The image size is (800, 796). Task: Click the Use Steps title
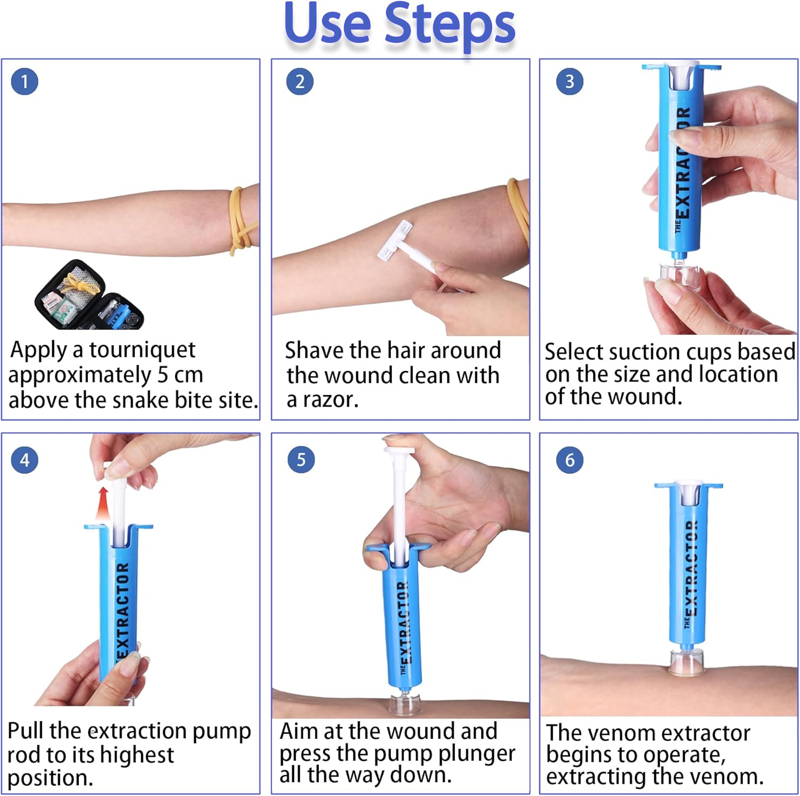pyautogui.click(x=399, y=24)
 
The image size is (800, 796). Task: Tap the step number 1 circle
pyautogui.click(x=25, y=82)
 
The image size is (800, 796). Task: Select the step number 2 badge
pyautogui.click(x=300, y=82)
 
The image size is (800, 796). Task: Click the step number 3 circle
pyautogui.click(x=570, y=82)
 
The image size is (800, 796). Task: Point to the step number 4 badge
pyautogui.click(x=25, y=459)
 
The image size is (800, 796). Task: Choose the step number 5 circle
pyautogui.click(x=301, y=459)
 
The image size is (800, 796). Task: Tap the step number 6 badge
pyautogui.click(x=570, y=459)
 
